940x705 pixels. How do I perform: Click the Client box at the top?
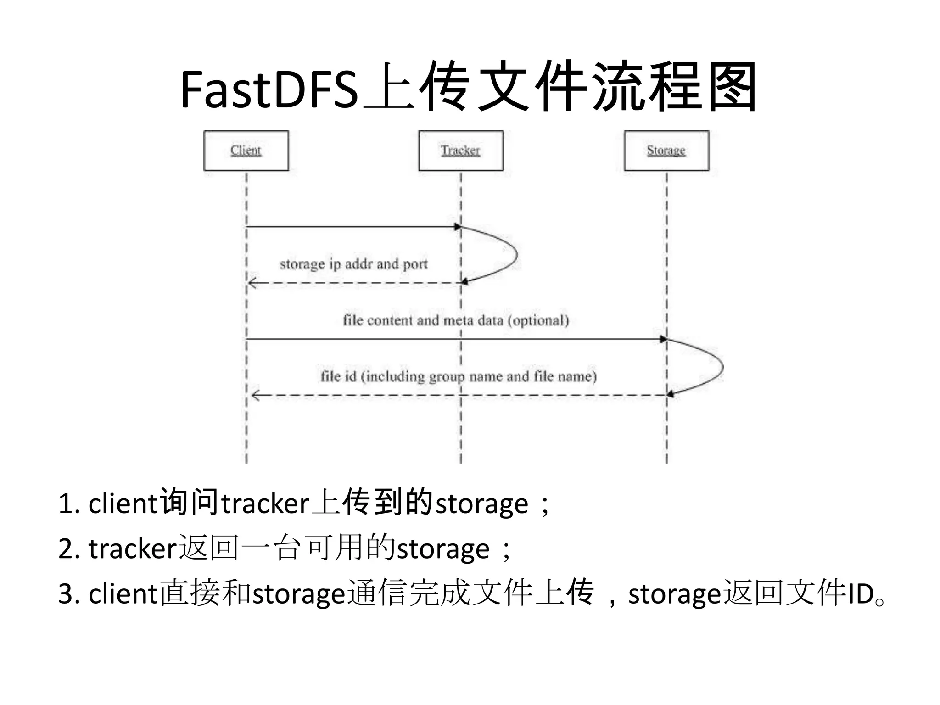click(246, 151)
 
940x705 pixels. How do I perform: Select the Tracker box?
click(460, 151)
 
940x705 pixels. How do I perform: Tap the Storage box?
click(666, 151)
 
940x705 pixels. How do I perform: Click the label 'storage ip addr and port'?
click(353, 264)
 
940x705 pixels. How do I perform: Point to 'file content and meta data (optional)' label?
click(456, 320)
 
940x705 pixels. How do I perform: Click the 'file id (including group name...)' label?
click(458, 376)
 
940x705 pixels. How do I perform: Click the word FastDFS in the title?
click(269, 90)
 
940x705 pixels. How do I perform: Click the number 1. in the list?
click(69, 504)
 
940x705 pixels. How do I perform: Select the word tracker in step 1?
click(265, 504)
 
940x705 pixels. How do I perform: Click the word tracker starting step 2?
click(133, 549)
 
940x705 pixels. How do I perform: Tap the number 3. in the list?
click(69, 594)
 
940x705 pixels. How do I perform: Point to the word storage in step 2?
click(443, 549)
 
